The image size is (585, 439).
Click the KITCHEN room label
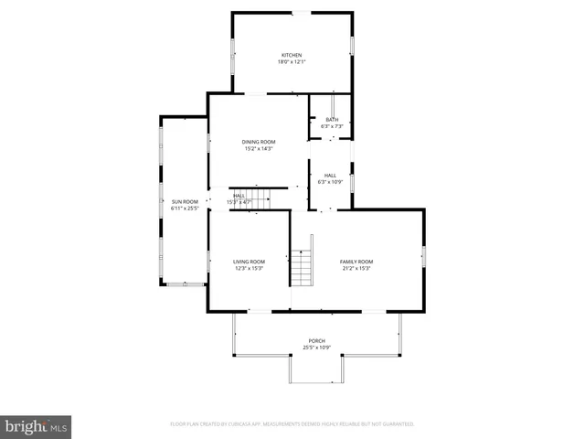pyautogui.click(x=292, y=55)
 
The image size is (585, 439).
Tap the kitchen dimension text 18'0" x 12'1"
pyautogui.click(x=292, y=62)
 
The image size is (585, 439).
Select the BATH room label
pyautogui.click(x=331, y=119)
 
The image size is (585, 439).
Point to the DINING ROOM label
pyautogui.click(x=259, y=142)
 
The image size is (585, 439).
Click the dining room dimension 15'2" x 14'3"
pyautogui.click(x=259, y=149)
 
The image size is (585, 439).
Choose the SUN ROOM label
pyautogui.click(x=185, y=201)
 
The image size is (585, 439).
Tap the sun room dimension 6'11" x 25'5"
pyautogui.click(x=185, y=209)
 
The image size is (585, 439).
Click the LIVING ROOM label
pyautogui.click(x=250, y=262)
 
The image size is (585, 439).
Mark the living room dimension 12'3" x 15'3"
pyautogui.click(x=250, y=269)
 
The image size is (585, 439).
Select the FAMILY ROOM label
pyautogui.click(x=357, y=262)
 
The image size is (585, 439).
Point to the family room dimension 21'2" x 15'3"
pyautogui.click(x=357, y=269)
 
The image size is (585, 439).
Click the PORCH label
pyautogui.click(x=316, y=341)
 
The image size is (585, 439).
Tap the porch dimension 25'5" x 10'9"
pyautogui.click(x=316, y=348)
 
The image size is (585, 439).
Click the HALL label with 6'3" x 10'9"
pyautogui.click(x=330, y=175)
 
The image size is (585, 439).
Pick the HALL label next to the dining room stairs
pyautogui.click(x=238, y=195)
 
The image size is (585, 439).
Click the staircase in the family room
pyautogui.click(x=303, y=270)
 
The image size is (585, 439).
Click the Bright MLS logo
pyautogui.click(x=37, y=426)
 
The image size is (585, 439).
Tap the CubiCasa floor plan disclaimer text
pyautogui.click(x=292, y=424)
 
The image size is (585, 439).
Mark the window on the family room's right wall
pyautogui.click(x=423, y=257)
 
